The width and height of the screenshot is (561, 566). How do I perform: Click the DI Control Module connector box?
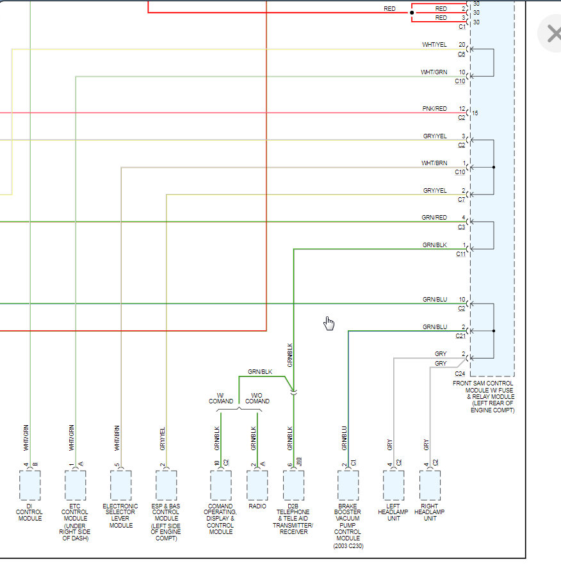29,485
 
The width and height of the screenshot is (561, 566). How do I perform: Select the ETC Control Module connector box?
75,485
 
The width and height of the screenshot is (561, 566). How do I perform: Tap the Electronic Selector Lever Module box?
120,485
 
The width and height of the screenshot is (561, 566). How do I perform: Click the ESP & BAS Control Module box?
166,485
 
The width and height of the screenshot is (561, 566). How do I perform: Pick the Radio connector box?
257,485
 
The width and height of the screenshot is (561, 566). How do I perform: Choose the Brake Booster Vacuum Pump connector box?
348,485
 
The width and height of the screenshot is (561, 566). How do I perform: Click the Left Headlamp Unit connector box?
393,485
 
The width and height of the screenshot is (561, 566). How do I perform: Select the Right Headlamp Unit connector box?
430,485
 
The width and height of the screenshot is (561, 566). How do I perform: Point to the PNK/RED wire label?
434,109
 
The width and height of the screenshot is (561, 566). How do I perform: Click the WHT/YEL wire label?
434,45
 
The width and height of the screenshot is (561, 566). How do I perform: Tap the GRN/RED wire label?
434,218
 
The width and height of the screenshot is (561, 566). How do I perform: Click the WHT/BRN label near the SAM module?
434,163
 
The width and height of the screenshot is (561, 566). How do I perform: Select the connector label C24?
460,373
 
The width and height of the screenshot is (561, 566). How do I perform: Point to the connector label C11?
460,254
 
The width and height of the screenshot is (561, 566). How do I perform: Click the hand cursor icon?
329,323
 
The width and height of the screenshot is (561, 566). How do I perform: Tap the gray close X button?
551,33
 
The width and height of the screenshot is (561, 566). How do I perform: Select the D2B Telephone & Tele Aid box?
293,485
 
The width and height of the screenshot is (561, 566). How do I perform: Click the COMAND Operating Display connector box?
220,485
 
